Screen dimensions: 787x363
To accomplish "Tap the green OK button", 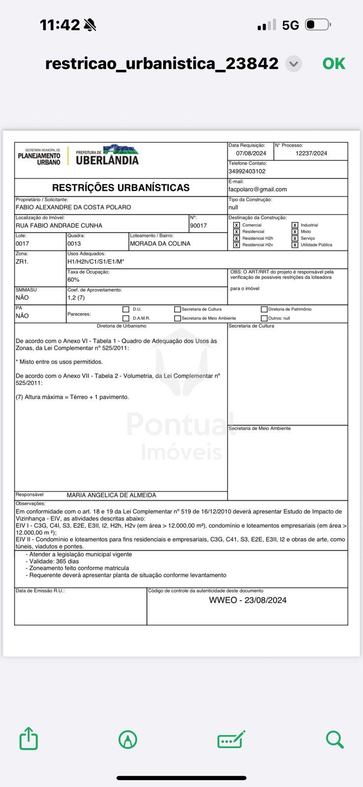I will click(333, 63).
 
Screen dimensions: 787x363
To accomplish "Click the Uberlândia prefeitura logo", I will click(107, 155).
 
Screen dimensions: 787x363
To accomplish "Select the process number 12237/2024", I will click(311, 153).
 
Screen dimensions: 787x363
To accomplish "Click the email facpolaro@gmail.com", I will click(257, 189).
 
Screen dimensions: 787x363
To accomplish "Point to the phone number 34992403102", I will click(247, 171).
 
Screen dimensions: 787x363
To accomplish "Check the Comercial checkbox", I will click(237, 225).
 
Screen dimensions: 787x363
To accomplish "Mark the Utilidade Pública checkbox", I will click(295, 245).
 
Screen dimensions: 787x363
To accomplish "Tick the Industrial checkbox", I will click(295, 225).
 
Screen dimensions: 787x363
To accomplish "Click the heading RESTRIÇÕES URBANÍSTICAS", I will click(121, 187).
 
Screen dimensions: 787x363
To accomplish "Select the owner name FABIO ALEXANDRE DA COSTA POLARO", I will click(73, 208).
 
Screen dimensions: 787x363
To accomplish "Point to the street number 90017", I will click(198, 226).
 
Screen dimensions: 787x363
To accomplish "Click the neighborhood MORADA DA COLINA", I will click(160, 243).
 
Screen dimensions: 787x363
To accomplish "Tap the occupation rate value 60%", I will click(73, 279).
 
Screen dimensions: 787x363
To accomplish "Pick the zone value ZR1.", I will click(22, 262).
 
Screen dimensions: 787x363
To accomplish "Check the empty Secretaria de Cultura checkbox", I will click(178, 309).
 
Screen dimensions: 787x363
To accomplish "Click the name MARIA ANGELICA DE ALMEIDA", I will click(111, 495).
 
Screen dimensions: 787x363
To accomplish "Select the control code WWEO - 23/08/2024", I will click(247, 600).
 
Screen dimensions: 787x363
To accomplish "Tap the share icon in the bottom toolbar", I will click(29, 738).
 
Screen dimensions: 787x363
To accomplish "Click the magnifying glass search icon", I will click(334, 739).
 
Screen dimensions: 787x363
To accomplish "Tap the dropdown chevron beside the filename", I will click(294, 64).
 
